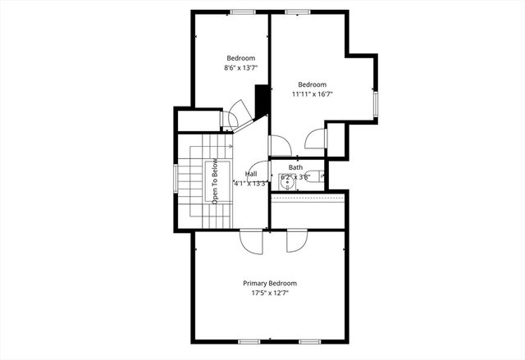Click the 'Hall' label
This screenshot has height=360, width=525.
tap(250, 174)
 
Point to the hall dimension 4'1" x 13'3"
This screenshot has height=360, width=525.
tap(251, 183)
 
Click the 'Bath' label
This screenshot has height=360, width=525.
tap(295, 167)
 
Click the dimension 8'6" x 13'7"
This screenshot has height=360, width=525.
tap(241, 68)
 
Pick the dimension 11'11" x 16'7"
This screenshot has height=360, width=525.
tap(312, 94)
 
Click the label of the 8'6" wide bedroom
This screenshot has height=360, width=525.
tap(241, 58)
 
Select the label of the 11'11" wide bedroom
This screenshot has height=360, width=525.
tap(312, 84)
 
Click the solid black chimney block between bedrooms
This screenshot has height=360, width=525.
tap(262, 102)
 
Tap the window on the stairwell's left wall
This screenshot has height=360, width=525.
tap(175, 180)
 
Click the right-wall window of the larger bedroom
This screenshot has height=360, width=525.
tap(376, 105)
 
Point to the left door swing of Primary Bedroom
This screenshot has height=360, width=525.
tap(252, 241)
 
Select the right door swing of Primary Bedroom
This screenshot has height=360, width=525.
tap(295, 241)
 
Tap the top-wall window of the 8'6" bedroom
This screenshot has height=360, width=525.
tap(241, 11)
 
